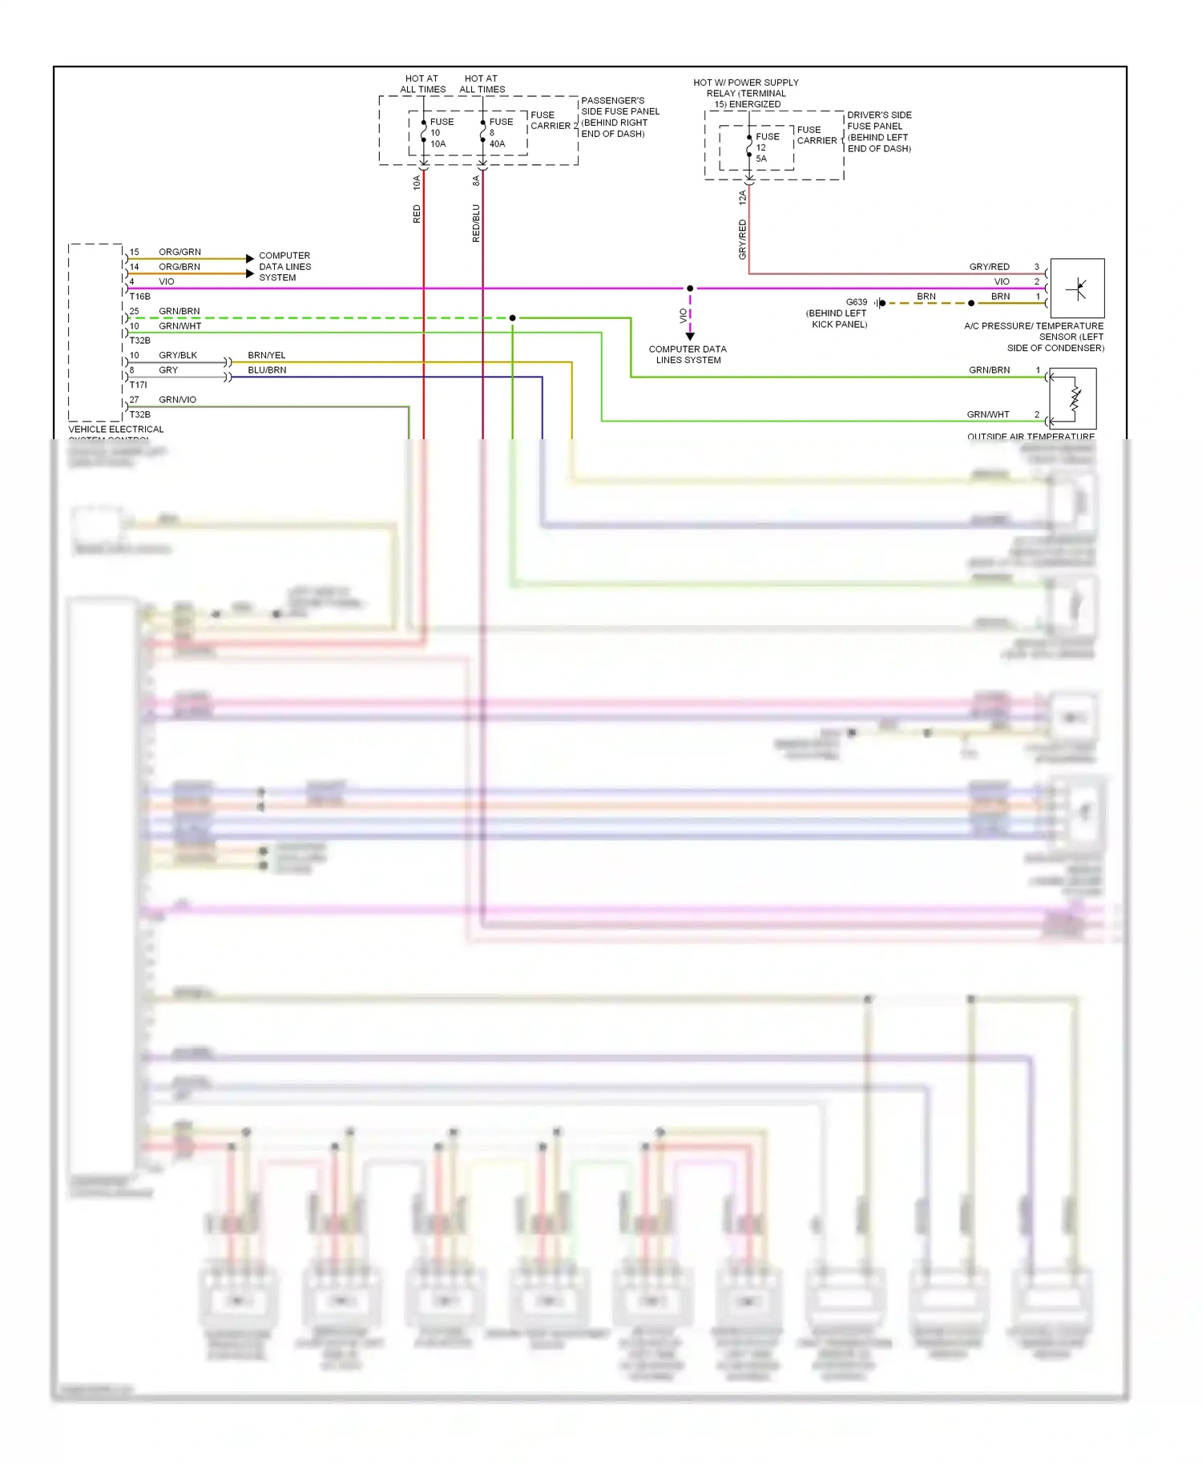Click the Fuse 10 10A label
(x=441, y=133)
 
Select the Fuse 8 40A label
(x=500, y=133)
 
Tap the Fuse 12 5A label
(x=766, y=147)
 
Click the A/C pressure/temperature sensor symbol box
(x=1077, y=289)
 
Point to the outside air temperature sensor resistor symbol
(x=1075, y=398)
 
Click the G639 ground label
(x=856, y=302)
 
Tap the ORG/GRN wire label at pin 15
(x=179, y=252)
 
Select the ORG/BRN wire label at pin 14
(x=179, y=267)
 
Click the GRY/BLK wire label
(x=178, y=355)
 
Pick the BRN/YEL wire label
(x=267, y=355)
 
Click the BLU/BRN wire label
(x=267, y=370)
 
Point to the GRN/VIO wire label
(x=177, y=400)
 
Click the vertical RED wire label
(x=417, y=214)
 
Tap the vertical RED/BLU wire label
(x=476, y=224)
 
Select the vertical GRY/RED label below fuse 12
(x=742, y=239)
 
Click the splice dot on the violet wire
(x=690, y=289)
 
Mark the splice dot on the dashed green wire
(x=513, y=318)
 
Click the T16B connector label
(x=140, y=297)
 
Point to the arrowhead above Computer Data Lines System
(x=690, y=337)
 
